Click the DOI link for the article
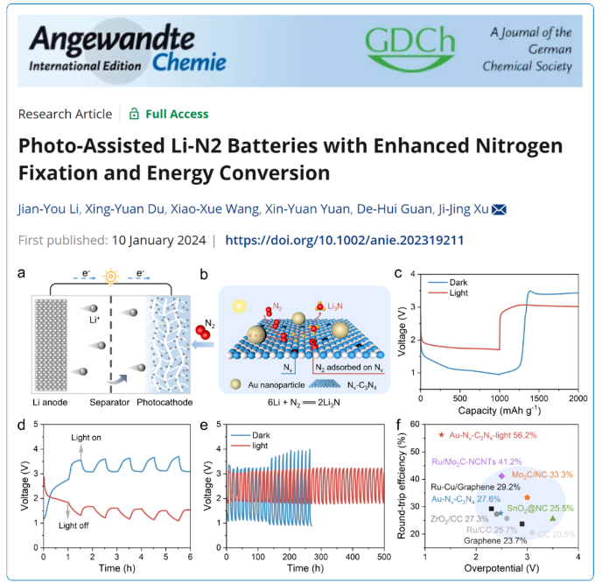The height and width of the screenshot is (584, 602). point(345,240)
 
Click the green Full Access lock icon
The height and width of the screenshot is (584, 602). point(134,114)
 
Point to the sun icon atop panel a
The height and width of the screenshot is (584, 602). point(110,275)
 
